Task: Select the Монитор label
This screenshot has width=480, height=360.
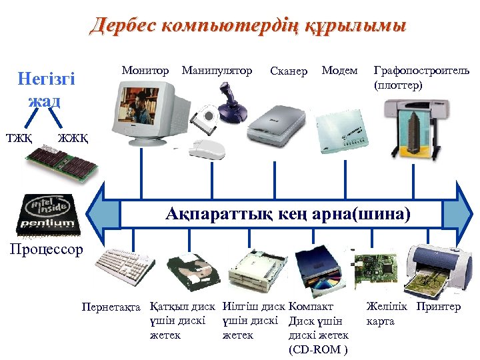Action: click(145, 70)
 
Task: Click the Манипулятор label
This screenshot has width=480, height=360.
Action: click(217, 70)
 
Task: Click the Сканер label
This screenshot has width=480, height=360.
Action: click(289, 71)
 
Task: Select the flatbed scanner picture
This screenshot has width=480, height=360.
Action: click(275, 124)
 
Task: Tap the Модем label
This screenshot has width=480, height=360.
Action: click(339, 70)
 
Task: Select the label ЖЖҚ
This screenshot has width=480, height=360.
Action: click(71, 138)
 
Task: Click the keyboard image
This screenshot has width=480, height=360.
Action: click(124, 271)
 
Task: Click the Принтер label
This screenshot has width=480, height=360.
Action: click(438, 307)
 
